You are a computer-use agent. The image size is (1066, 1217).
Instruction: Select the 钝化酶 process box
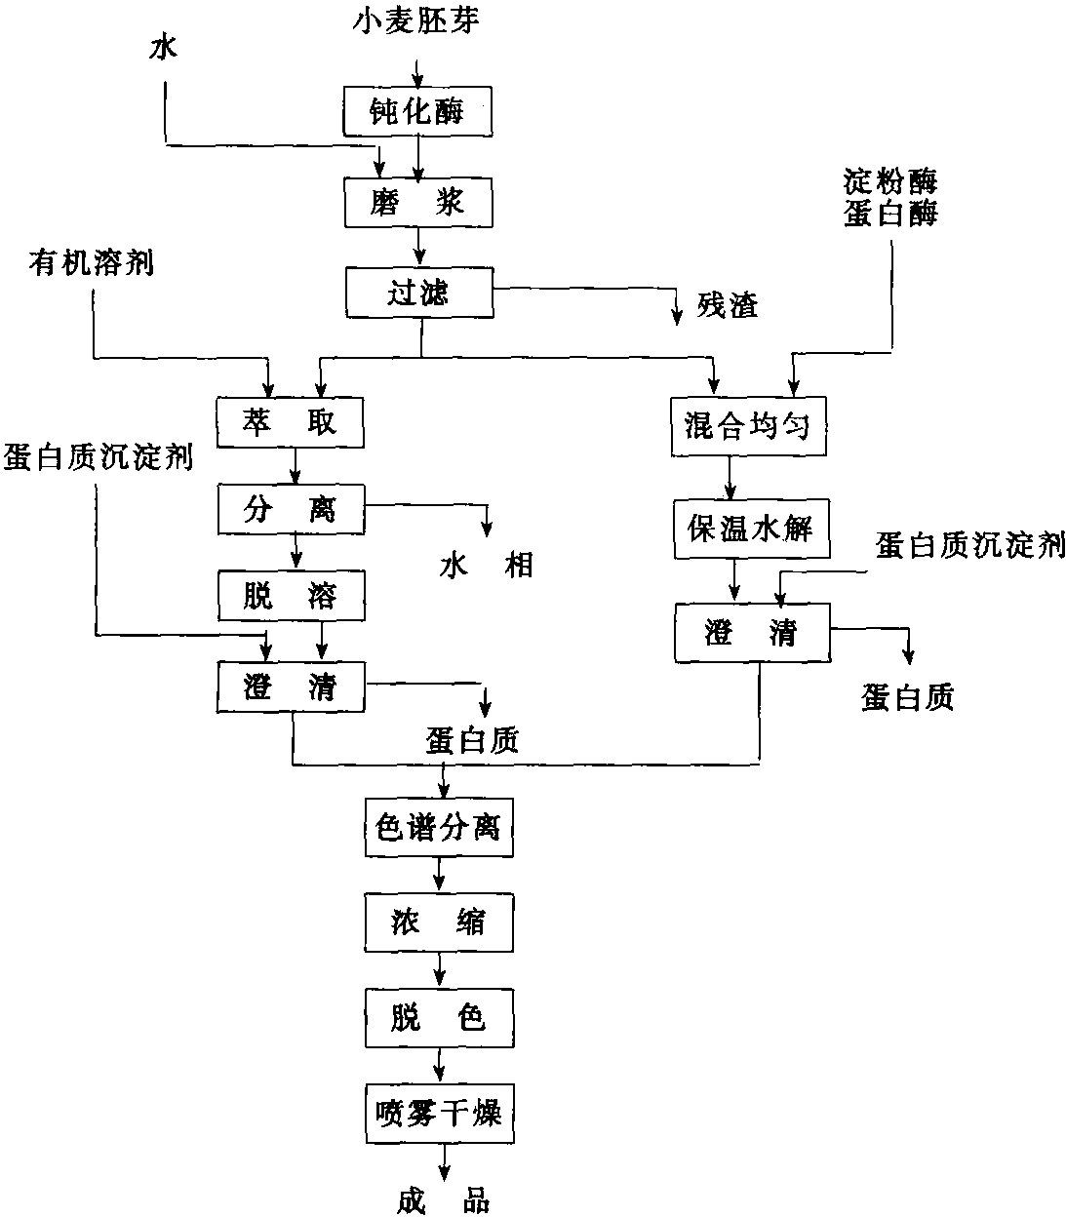pyautogui.click(x=417, y=110)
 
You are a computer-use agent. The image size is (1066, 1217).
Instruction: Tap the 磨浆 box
pyautogui.click(x=417, y=203)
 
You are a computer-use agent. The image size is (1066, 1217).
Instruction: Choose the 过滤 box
pyautogui.click(x=419, y=293)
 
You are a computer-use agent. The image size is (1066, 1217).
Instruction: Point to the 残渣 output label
pyautogui.click(x=728, y=306)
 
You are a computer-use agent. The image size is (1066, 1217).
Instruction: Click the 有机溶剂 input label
pyautogui.click(x=92, y=262)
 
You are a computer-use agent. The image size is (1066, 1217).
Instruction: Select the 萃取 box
pyautogui.click(x=290, y=421)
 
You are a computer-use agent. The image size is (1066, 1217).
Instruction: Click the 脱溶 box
pyautogui.click(x=290, y=595)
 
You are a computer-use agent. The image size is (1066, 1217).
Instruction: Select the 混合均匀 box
pyautogui.click(x=748, y=426)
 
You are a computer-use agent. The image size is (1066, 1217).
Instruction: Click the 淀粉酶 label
pyautogui.click(x=890, y=181)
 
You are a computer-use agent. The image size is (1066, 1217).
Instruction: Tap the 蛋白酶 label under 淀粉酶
pyautogui.click(x=890, y=212)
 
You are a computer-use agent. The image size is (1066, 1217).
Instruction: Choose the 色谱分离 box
pyautogui.click(x=439, y=828)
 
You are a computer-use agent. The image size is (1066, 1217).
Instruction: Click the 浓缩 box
pyautogui.click(x=439, y=921)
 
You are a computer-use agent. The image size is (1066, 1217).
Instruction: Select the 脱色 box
pyautogui.click(x=439, y=1018)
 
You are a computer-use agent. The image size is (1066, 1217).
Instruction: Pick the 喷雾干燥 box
pyautogui.click(x=439, y=1113)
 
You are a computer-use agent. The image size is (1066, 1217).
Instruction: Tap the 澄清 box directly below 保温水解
pyautogui.click(x=752, y=634)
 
